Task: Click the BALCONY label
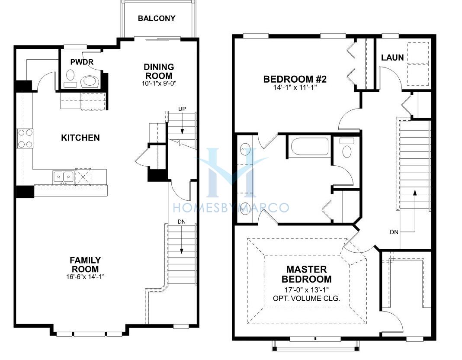click(157, 18)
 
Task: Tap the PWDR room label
click(82, 62)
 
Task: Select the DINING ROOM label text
click(159, 71)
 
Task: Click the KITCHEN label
click(80, 138)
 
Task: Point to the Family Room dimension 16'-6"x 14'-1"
click(86, 276)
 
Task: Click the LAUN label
click(392, 58)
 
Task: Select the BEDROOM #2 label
click(295, 79)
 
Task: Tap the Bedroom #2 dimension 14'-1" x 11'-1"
click(295, 87)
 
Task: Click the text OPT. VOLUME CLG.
click(306, 299)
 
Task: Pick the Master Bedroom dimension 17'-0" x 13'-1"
click(306, 289)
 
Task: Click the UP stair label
click(182, 109)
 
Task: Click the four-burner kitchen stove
click(25, 138)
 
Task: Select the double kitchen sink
click(63, 177)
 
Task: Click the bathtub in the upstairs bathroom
click(309, 146)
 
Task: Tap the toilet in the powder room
click(90, 80)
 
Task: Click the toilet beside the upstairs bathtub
click(347, 148)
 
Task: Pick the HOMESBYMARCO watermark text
click(231, 208)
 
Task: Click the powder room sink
click(71, 75)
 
